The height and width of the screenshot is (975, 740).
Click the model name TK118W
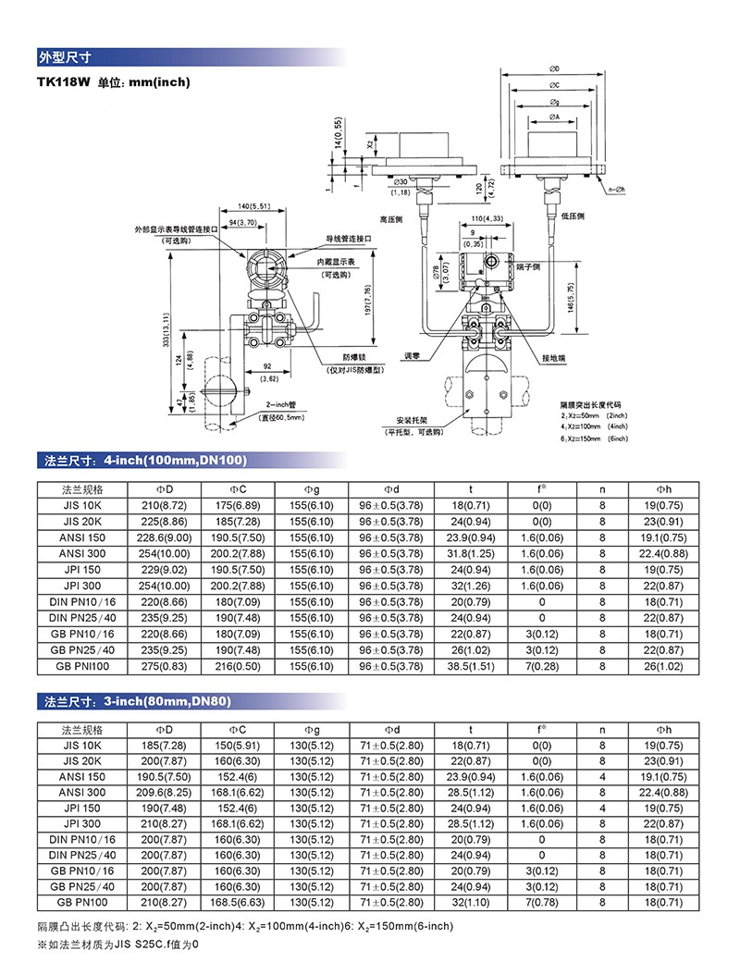coord(63,82)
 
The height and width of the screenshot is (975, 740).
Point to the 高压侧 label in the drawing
coord(391,218)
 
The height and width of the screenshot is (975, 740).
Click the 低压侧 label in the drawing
coord(573,216)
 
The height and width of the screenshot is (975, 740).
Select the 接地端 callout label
coord(555,357)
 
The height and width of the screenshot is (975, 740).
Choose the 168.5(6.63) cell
coord(238,901)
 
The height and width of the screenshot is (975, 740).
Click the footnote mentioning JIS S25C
coord(118,944)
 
